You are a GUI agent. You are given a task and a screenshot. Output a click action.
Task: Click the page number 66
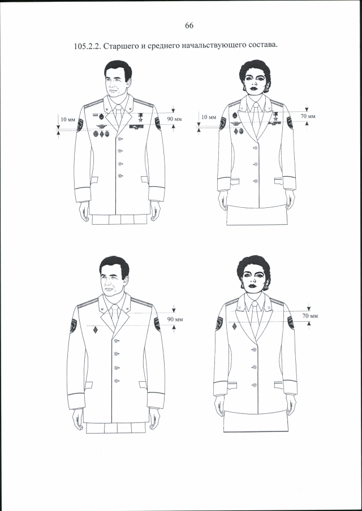click(189, 25)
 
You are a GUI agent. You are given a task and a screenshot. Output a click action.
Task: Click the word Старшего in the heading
click(119, 46)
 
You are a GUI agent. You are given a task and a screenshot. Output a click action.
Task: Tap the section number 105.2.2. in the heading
click(88, 46)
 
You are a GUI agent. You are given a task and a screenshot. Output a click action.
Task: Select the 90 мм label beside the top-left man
click(174, 119)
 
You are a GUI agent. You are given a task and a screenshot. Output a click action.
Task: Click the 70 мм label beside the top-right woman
click(308, 116)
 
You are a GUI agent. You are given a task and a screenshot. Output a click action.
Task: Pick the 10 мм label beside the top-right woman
click(209, 117)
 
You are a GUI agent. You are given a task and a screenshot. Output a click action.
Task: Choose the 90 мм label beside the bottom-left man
click(175, 320)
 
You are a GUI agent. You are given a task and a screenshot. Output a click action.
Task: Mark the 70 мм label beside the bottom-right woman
click(310, 316)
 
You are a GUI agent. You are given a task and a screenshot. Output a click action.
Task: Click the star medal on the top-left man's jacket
click(140, 117)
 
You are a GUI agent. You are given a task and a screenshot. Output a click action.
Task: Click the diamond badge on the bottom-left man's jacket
click(96, 330)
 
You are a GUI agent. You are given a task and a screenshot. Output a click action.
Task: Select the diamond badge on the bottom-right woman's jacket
click(234, 326)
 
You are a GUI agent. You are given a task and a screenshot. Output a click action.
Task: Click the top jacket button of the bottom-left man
click(116, 341)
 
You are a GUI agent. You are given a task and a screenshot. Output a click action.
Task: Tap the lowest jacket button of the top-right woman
click(256, 181)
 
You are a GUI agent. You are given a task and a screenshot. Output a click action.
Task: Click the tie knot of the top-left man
click(118, 107)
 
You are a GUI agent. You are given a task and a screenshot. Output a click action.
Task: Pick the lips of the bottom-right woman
click(252, 286)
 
